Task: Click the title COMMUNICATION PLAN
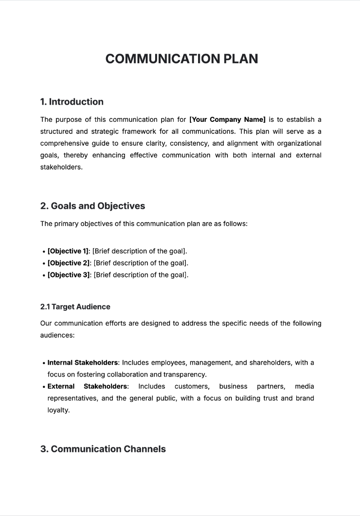point(182,59)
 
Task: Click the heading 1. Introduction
point(72,102)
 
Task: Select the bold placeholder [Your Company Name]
point(227,120)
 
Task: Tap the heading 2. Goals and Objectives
point(92,206)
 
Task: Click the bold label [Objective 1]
point(68,251)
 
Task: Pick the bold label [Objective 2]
point(69,263)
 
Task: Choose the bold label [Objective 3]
point(69,275)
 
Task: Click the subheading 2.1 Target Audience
point(75,307)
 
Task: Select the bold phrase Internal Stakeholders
point(83,363)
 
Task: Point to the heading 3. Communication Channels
point(103,449)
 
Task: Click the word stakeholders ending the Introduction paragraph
point(61,167)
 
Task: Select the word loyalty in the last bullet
point(58,410)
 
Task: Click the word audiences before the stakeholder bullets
point(57,335)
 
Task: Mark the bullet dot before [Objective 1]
point(43,252)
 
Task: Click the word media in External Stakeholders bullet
point(305,387)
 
